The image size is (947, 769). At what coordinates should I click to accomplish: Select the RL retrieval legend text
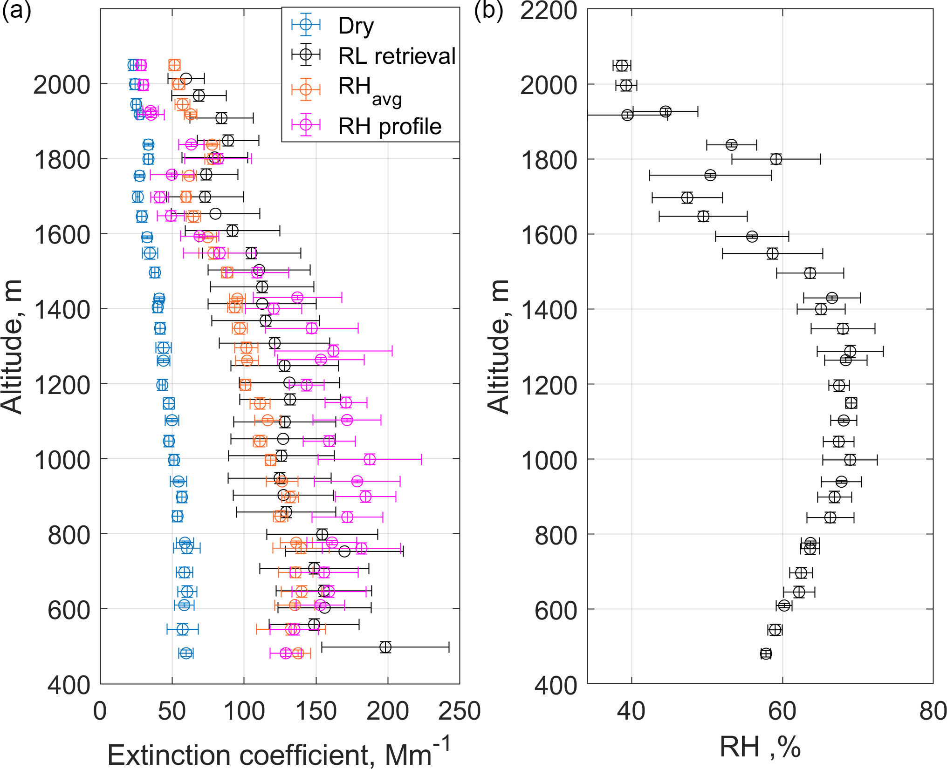point(397,56)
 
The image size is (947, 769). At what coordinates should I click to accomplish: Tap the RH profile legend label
point(390,126)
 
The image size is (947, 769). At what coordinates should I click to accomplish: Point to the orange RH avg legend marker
point(306,89)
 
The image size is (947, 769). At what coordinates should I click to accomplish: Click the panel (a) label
point(17,10)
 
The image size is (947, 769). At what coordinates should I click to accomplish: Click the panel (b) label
point(488,10)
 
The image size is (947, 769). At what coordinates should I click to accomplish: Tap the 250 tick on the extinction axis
point(459,711)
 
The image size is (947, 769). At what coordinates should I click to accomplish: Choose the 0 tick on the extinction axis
point(100,711)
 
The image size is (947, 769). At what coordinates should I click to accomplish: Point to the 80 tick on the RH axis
point(933,711)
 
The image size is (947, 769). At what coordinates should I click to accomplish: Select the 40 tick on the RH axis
point(631,711)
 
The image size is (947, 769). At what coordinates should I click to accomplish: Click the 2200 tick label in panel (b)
point(549,10)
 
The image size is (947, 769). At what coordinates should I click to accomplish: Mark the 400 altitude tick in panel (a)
point(69,685)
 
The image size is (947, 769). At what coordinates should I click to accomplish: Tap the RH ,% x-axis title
point(760,747)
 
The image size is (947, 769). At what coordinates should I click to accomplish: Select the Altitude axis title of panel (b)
point(498,347)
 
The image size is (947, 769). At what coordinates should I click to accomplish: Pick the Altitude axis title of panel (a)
point(12,347)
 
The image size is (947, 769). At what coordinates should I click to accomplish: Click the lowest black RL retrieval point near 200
point(385,647)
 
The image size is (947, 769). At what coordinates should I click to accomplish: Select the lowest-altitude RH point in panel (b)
point(766,654)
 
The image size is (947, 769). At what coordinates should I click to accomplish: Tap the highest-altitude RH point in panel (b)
point(622,66)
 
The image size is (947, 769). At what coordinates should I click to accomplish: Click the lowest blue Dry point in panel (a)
point(186,653)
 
